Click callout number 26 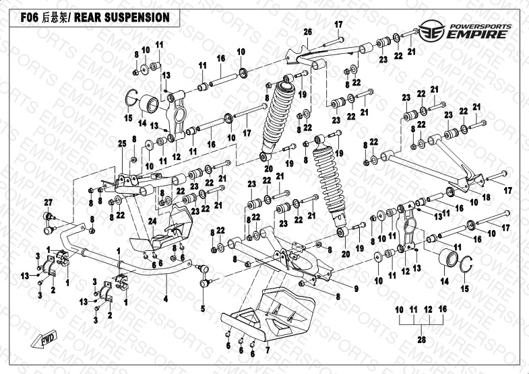click(308, 32)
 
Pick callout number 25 click(122, 144)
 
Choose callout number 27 click(48, 203)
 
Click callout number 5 click(202, 309)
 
